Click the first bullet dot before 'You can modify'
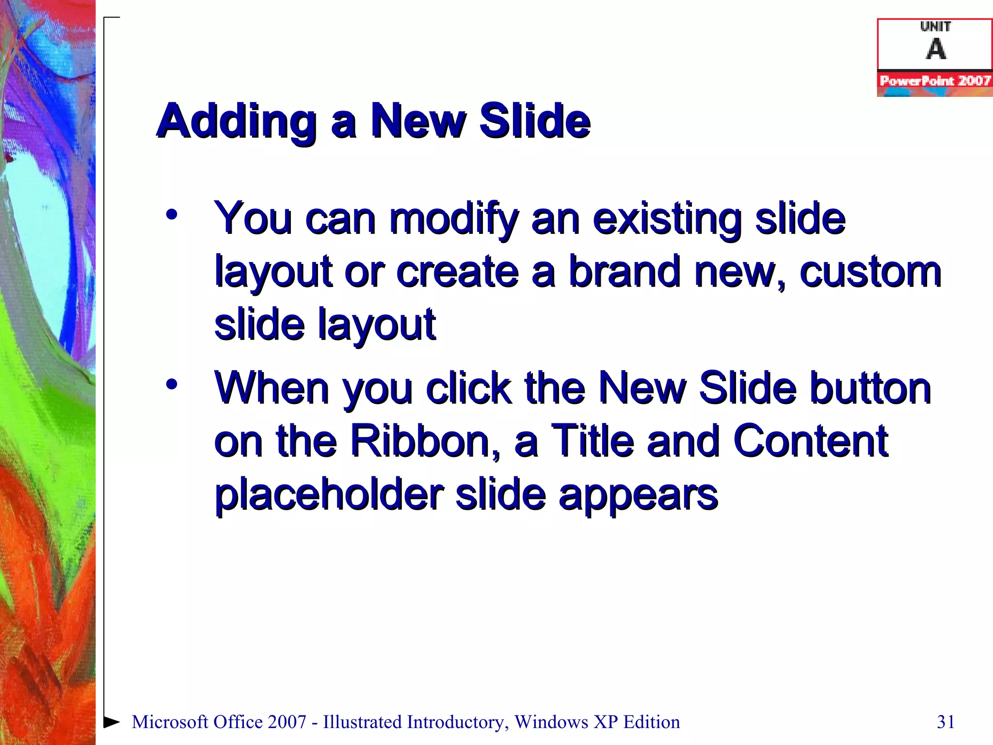[x=171, y=214]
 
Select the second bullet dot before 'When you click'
[x=171, y=384]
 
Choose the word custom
[x=870, y=272]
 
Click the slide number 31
[x=946, y=722]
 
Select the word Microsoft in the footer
[x=170, y=722]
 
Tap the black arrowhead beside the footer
[x=112, y=721]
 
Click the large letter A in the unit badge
[x=936, y=49]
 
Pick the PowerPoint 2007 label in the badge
[x=935, y=81]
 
